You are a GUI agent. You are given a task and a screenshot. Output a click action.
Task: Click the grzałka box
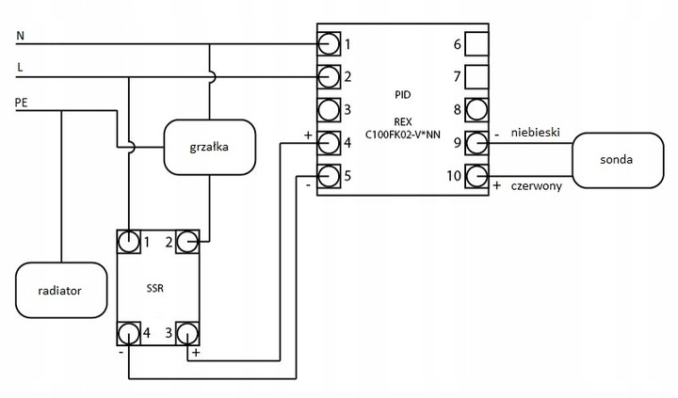pyautogui.click(x=209, y=147)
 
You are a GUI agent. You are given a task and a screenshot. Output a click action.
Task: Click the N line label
pyautogui.click(x=20, y=36)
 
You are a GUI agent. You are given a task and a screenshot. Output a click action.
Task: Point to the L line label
pyautogui.click(x=20, y=68)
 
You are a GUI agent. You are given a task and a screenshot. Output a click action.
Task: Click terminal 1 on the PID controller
pyautogui.click(x=329, y=43)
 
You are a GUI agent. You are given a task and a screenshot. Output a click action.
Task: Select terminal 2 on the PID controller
pyautogui.click(x=329, y=75)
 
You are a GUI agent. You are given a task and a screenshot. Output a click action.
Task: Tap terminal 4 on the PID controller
pyautogui.click(x=329, y=142)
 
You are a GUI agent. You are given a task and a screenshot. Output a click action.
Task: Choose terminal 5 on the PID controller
pyautogui.click(x=329, y=175)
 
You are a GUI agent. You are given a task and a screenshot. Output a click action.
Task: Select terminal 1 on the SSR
pyautogui.click(x=129, y=242)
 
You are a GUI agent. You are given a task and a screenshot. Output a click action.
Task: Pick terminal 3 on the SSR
pyautogui.click(x=187, y=332)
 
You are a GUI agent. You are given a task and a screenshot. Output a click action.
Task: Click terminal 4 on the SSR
pyautogui.click(x=129, y=332)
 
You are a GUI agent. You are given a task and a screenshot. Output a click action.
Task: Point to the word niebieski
pyautogui.click(x=537, y=133)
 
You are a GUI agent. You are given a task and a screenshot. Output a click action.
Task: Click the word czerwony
pyautogui.click(x=536, y=187)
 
